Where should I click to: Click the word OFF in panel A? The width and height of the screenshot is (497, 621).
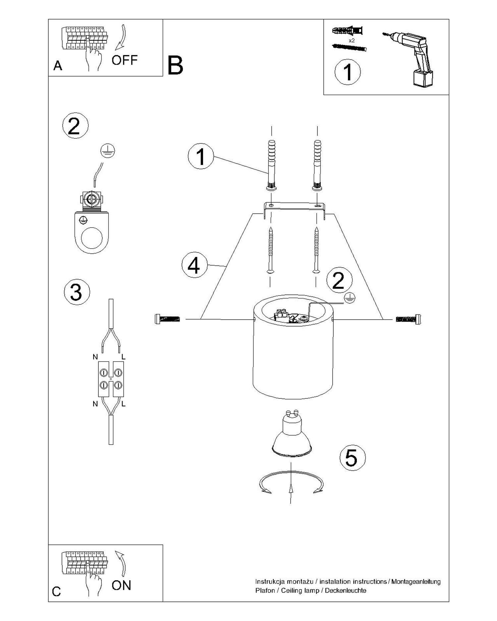click(124, 60)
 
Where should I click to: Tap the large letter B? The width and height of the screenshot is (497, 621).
click(175, 65)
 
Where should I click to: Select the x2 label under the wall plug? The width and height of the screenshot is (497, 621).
click(352, 40)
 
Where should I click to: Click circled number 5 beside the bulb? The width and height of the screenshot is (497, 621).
click(353, 458)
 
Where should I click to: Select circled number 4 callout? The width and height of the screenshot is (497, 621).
click(194, 266)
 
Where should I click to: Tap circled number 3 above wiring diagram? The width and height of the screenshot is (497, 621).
click(77, 292)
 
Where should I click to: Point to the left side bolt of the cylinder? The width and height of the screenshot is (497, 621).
click(167, 319)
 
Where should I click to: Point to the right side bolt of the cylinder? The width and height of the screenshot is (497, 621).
click(409, 319)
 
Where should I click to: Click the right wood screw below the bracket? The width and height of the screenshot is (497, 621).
click(317, 250)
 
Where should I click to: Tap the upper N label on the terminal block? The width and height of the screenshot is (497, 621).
click(95, 357)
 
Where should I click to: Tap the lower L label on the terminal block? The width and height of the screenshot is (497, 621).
click(123, 404)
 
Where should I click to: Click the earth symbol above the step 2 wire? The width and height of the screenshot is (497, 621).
click(108, 151)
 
